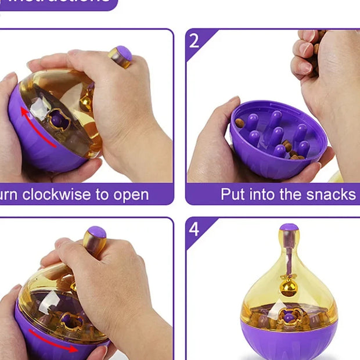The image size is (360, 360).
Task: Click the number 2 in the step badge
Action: tap(194, 41)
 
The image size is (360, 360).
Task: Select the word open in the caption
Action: tap(131, 195)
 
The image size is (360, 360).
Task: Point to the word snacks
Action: tap(332, 195)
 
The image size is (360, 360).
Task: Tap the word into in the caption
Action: tap(264, 195)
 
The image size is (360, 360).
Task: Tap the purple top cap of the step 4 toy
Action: tap(289, 228)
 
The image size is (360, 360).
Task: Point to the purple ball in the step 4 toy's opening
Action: tap(289, 318)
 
